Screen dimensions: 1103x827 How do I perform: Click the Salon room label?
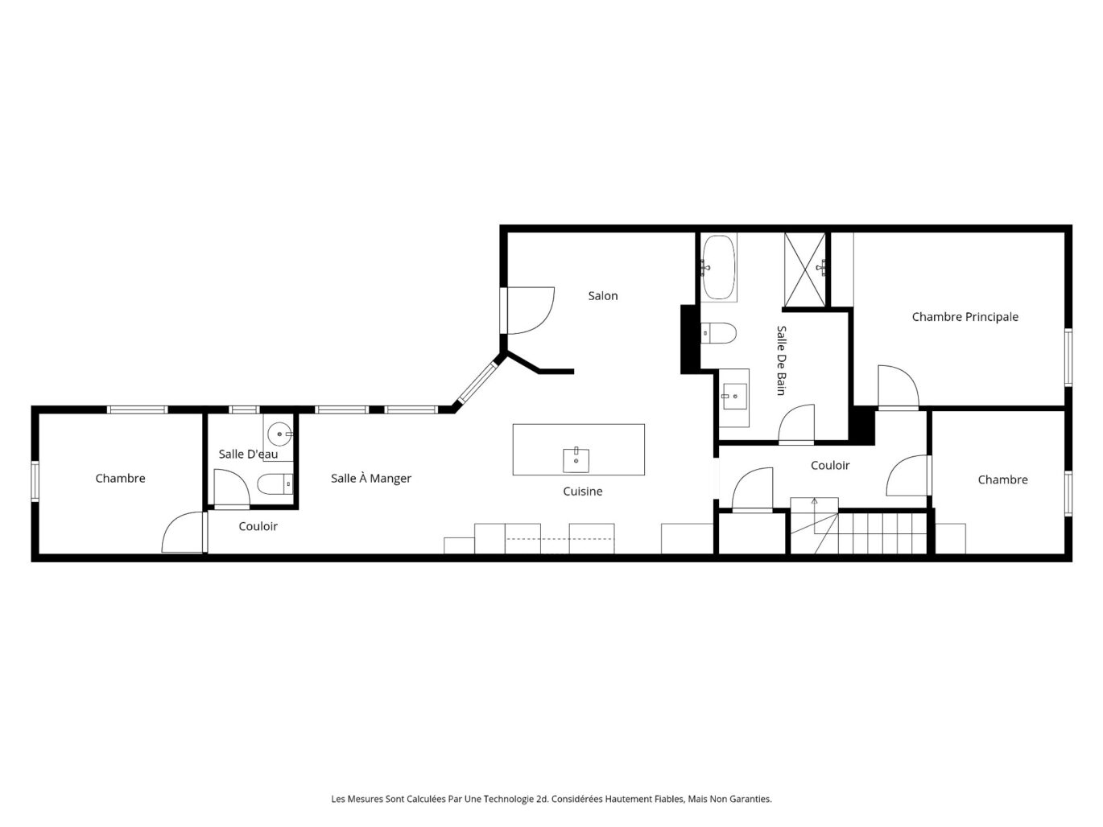click(602, 296)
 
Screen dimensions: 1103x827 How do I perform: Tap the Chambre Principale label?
click(965, 317)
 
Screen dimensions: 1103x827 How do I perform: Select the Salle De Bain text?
click(781, 360)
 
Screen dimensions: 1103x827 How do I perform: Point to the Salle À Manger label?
click(371, 479)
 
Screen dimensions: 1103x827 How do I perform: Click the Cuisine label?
click(582, 491)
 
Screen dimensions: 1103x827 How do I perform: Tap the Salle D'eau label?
click(248, 454)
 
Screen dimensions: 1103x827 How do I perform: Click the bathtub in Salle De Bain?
click(719, 267)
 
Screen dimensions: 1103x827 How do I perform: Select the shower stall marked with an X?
click(804, 269)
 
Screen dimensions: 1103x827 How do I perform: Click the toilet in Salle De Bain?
click(719, 333)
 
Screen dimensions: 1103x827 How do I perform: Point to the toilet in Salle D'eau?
click(275, 484)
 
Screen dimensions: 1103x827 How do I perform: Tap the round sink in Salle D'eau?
click(279, 434)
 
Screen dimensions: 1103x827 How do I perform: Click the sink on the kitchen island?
click(576, 460)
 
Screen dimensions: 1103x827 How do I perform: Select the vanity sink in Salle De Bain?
click(734, 397)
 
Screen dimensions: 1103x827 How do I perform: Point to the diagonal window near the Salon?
click(477, 384)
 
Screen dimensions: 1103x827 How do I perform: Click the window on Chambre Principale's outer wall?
click(1068, 357)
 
